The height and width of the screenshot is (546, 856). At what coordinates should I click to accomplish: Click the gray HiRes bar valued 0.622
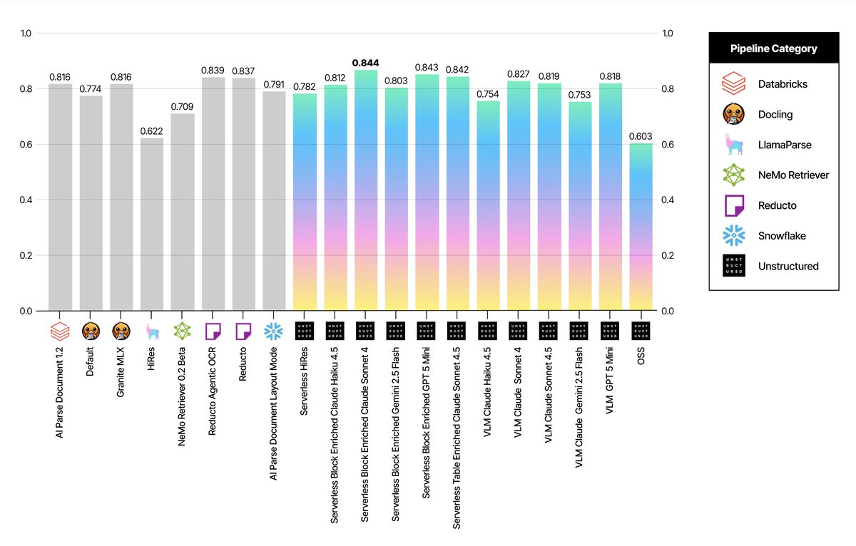(x=151, y=225)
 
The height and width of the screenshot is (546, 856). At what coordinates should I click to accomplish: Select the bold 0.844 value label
(x=366, y=63)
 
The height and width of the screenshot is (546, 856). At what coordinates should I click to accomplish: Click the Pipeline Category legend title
(x=773, y=49)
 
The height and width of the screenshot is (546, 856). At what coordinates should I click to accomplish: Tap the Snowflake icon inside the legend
(x=734, y=236)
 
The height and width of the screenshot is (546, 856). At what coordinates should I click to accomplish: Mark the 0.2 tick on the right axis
(x=669, y=256)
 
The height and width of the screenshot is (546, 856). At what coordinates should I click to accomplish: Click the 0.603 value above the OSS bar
(x=640, y=136)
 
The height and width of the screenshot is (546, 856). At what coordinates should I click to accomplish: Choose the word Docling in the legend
(x=775, y=115)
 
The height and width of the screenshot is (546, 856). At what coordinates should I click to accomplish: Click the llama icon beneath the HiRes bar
(x=151, y=331)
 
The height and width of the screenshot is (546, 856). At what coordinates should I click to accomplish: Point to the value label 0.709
(x=182, y=107)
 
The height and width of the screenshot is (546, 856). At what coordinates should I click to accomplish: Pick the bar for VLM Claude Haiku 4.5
(x=487, y=206)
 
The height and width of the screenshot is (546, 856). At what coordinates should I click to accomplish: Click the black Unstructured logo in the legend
(x=734, y=266)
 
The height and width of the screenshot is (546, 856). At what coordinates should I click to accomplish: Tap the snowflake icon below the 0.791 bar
(x=273, y=331)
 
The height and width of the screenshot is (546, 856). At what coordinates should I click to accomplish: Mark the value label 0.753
(x=579, y=95)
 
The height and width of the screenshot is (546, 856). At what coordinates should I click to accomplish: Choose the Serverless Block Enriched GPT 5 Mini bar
(x=427, y=192)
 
